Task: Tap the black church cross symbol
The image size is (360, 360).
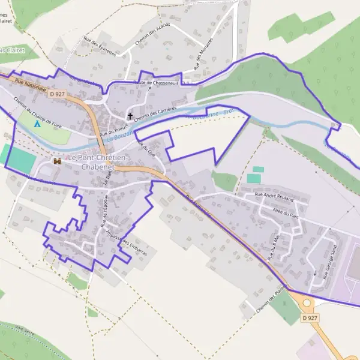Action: click(130, 115)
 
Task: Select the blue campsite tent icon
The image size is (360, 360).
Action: click(37, 124)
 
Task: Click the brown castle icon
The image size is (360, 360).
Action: click(58, 161)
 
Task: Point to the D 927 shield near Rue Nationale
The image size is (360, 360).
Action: click(58, 94)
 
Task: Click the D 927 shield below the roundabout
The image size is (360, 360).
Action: click(309, 317)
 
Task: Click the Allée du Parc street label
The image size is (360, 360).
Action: click(286, 213)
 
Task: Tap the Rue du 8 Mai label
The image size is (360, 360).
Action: click(274, 247)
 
